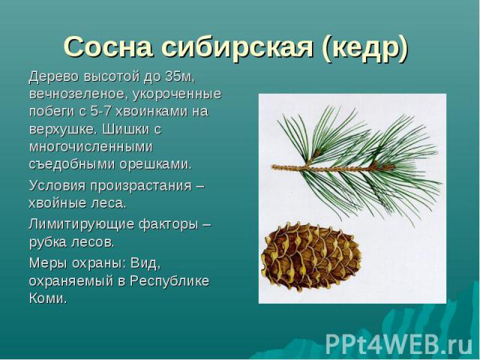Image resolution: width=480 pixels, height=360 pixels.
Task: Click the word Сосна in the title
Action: (108, 48)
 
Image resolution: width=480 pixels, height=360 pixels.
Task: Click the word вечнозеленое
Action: (77, 94)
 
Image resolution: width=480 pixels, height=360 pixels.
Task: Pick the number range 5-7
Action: (100, 111)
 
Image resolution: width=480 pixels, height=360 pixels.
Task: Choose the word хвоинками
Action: (151, 111)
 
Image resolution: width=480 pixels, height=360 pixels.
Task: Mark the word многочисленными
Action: (91, 147)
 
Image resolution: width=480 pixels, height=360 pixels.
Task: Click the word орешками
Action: (155, 165)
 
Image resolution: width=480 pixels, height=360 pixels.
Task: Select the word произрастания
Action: (141, 186)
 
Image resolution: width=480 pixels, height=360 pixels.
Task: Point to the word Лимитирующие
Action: (82, 225)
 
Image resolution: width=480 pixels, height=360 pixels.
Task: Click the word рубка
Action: (48, 242)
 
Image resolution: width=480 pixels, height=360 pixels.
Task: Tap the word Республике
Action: (169, 282)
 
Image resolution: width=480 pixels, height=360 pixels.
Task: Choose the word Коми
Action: (48, 298)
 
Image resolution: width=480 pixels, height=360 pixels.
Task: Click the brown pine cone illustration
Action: (310, 256)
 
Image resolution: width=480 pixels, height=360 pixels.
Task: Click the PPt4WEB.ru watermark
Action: (399, 344)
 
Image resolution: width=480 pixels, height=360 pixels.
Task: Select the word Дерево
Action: (54, 76)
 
